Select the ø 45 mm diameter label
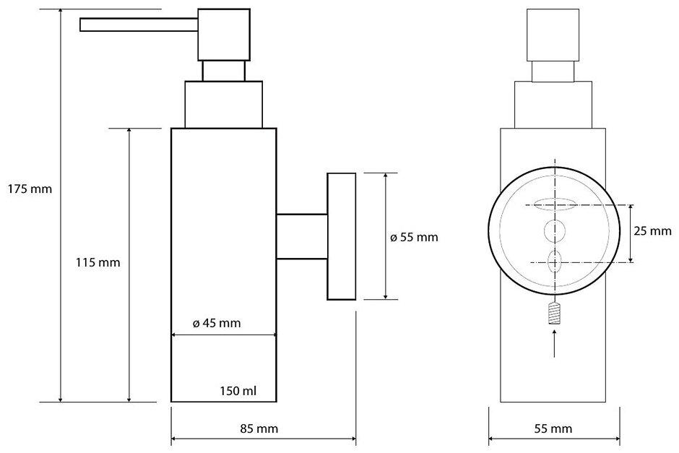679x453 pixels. click(x=217, y=323)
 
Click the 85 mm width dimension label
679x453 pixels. click(x=260, y=428)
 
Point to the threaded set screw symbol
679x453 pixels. click(x=555, y=314)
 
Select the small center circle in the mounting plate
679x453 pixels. click(x=555, y=231)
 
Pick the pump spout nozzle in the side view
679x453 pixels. click(x=137, y=25)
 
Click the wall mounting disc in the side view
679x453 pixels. click(x=342, y=236)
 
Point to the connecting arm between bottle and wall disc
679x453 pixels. click(x=302, y=236)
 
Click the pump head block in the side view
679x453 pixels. click(x=223, y=34)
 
